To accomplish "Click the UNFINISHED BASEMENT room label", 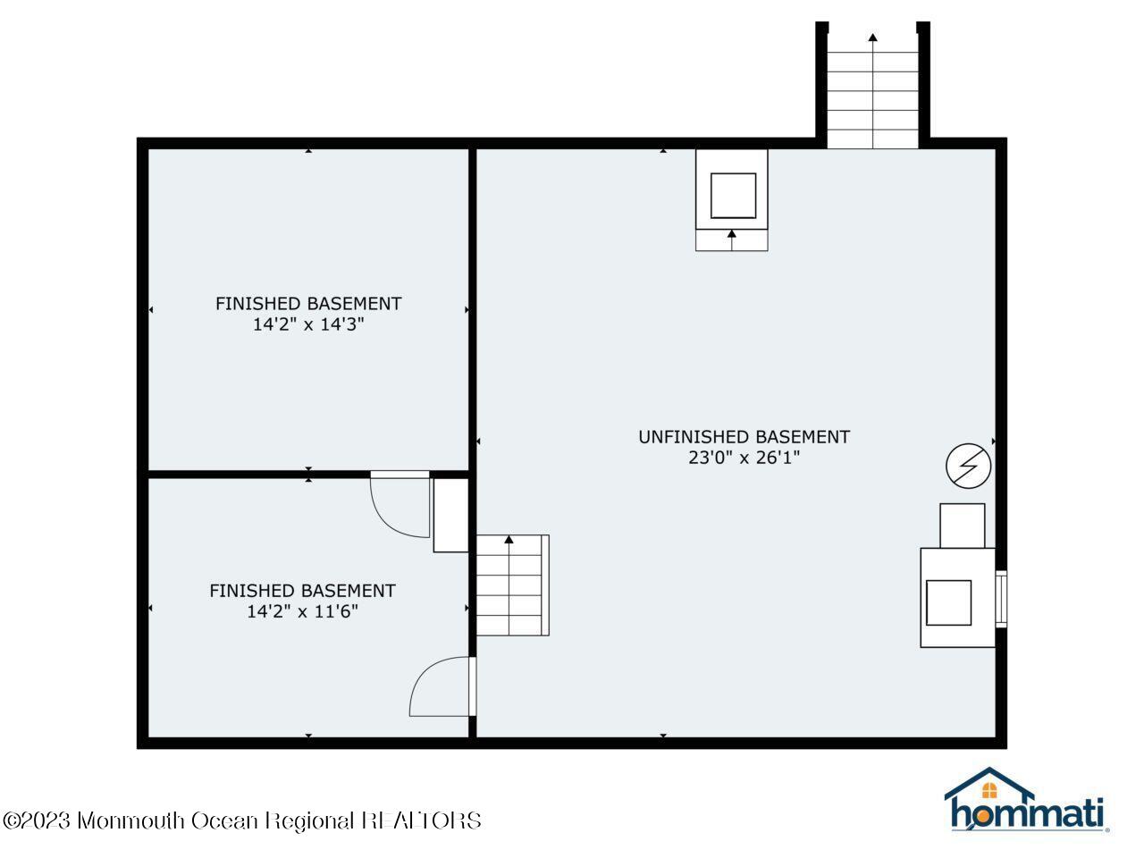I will [x=744, y=437].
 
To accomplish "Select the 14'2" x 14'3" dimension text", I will [x=308, y=325].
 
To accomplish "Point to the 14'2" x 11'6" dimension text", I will [x=302, y=612].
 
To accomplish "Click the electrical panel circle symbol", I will [x=969, y=467].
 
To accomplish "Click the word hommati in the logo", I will [x=1027, y=814].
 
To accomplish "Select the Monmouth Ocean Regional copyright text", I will [x=242, y=820].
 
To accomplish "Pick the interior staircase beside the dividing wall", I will [x=510, y=585].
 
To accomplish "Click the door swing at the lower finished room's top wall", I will [x=401, y=505].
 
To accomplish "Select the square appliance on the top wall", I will [x=733, y=195].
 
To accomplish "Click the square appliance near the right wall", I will [x=948, y=602].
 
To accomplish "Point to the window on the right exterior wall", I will [x=1001, y=599].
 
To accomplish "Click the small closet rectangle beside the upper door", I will [x=450, y=516].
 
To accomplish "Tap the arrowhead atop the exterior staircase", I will [x=872, y=38].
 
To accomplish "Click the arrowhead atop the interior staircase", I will [x=509, y=540].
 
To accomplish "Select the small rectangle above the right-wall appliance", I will [x=962, y=526].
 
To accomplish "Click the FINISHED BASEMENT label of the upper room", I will [x=308, y=304].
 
